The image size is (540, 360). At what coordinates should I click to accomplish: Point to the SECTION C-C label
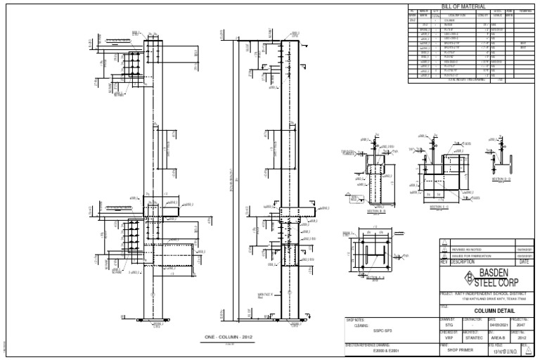coord(437,207)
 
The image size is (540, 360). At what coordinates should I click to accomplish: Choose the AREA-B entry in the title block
coord(495,338)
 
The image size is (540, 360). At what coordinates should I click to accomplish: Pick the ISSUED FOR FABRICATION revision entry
coord(472,255)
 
